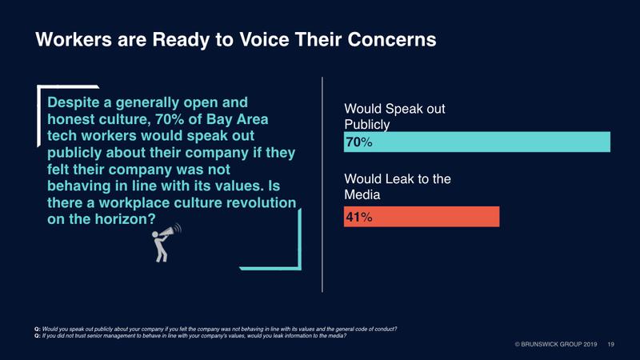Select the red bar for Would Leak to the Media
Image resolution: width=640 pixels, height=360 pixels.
(422, 217)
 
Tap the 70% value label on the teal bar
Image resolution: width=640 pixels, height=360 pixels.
(358, 142)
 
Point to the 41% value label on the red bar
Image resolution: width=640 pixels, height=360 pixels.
(358, 217)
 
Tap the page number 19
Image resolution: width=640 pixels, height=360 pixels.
(611, 344)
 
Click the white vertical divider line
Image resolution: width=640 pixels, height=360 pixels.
(322, 184)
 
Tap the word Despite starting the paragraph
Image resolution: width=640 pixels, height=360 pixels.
(74, 102)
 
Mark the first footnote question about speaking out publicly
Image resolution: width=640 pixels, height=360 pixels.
(216, 330)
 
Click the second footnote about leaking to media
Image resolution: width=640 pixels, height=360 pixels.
(200, 337)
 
